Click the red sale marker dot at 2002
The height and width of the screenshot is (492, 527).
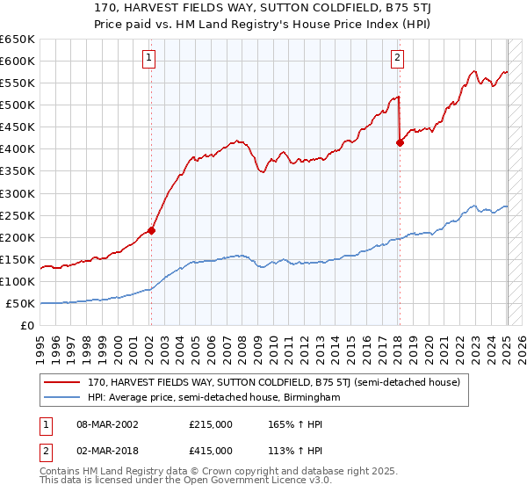pos(151,230)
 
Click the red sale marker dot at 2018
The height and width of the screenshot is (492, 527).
pos(400,142)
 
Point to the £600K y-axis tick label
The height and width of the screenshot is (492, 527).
pos(18,61)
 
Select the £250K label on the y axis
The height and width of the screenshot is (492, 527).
pos(18,215)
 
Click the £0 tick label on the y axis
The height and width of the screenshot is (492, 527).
pos(25,326)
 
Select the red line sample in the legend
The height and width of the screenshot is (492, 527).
pos(62,382)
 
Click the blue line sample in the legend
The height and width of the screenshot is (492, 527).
pos(62,398)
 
